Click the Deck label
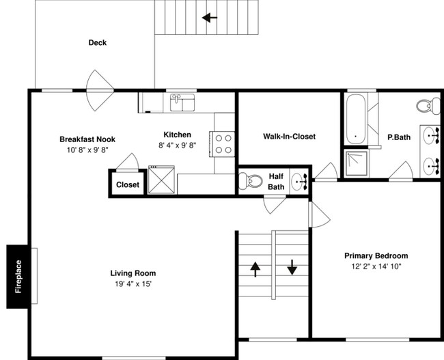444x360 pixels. pyautogui.click(x=98, y=43)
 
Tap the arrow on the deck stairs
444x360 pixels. pyautogui.click(x=210, y=18)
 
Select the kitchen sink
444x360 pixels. pyautogui.click(x=182, y=102)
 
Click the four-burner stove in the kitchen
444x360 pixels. pyautogui.click(x=222, y=144)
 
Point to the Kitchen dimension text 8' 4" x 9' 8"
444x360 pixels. pyautogui.click(x=178, y=146)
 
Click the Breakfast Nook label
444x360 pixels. pyautogui.click(x=87, y=139)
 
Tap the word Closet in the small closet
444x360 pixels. pyautogui.click(x=128, y=184)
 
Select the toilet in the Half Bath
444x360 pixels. pyautogui.click(x=251, y=181)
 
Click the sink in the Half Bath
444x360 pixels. pyautogui.click(x=299, y=182)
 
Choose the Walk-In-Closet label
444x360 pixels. pyautogui.click(x=289, y=137)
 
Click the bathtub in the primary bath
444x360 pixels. pyautogui.click(x=356, y=119)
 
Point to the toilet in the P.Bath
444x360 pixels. pyautogui.click(x=428, y=106)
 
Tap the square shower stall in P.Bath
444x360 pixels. pyautogui.click(x=357, y=163)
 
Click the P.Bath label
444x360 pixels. pyautogui.click(x=399, y=137)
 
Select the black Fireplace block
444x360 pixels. pyautogui.click(x=17, y=277)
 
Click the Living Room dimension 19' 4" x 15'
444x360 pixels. pyautogui.click(x=133, y=283)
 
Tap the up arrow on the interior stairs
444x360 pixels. pyautogui.click(x=255, y=269)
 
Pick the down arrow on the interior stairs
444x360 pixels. pyautogui.click(x=292, y=267)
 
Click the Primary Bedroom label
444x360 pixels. pyautogui.click(x=376, y=255)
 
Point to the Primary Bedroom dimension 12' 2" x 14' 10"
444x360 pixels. pyautogui.click(x=376, y=266)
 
